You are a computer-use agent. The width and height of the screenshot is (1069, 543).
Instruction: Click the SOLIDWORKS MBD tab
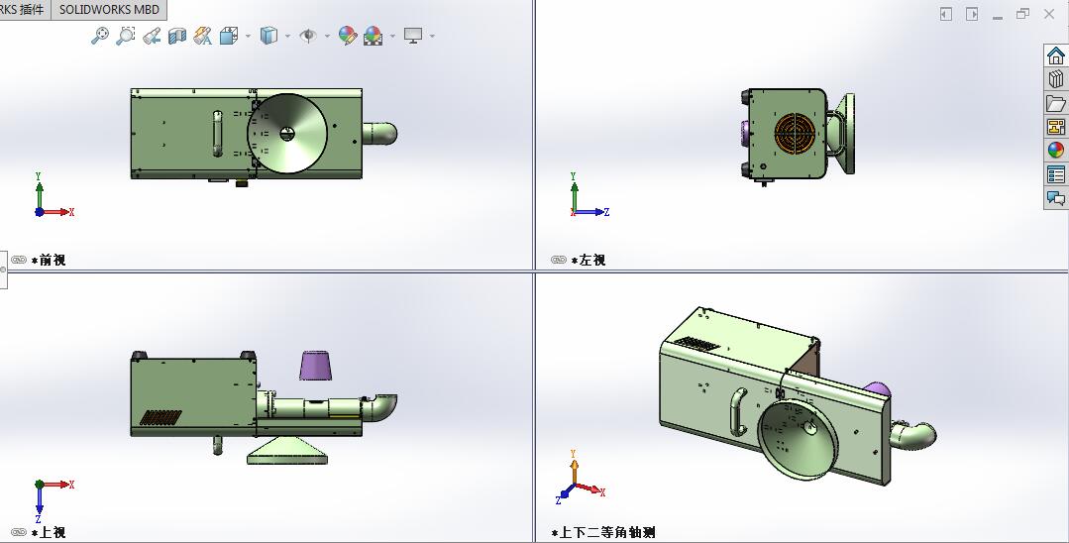click(x=109, y=9)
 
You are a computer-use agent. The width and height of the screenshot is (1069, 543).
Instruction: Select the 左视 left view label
click(x=592, y=260)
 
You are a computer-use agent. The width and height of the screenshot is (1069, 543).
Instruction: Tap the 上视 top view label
click(x=53, y=532)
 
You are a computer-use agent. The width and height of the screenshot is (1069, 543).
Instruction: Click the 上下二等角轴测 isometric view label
click(x=607, y=532)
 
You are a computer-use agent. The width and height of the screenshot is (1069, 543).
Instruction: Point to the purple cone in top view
click(x=316, y=364)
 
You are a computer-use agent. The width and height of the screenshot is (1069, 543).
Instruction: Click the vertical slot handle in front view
click(x=218, y=134)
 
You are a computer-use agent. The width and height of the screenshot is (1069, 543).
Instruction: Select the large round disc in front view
click(x=287, y=134)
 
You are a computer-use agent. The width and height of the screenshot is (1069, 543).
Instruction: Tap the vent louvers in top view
click(x=160, y=417)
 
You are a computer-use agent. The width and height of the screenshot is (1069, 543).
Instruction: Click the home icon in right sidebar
click(x=1056, y=55)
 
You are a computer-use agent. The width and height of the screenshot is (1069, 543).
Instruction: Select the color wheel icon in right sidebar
click(x=1056, y=151)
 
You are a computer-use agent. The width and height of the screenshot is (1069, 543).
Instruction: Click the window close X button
click(x=1049, y=14)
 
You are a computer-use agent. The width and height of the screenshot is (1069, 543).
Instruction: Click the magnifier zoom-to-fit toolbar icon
click(x=100, y=36)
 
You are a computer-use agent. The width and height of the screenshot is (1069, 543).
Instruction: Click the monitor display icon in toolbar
click(x=413, y=36)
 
